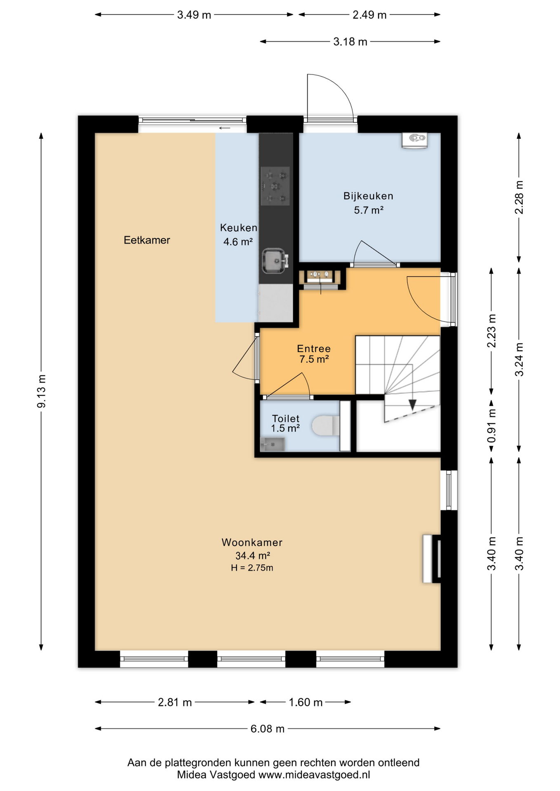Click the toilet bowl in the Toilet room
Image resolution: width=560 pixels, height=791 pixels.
325,426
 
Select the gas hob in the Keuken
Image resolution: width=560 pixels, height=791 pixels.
275,186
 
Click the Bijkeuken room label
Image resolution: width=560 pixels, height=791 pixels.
368,196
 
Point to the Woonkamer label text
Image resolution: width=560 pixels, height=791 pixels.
252,543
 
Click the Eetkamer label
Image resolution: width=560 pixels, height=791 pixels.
147,240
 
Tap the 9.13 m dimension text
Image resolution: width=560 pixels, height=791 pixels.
42,391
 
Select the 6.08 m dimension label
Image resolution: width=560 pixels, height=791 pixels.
268,729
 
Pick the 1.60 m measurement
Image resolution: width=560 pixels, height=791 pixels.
306,702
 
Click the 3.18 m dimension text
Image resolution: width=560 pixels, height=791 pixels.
350,42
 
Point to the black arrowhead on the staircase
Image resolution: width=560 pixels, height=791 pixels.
412,405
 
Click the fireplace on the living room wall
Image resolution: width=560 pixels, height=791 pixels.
432,559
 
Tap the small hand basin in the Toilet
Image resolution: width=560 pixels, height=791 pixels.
273,445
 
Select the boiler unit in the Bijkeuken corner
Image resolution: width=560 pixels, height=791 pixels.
414,140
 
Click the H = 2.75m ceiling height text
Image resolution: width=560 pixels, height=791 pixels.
252,568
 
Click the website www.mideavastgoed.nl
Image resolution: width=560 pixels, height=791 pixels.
314,775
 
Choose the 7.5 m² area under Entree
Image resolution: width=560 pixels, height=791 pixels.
314,359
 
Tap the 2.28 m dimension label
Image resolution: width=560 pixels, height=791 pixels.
519,197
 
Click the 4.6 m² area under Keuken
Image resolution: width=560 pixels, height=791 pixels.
238,242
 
